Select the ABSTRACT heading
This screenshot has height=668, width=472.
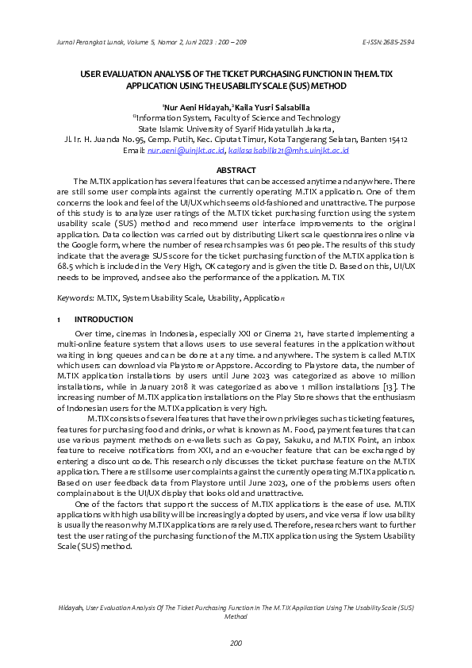pyautogui.click(x=236, y=171)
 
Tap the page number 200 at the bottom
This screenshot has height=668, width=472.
pyautogui.click(x=236, y=643)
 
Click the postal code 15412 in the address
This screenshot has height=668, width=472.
pyautogui.click(x=395, y=138)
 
